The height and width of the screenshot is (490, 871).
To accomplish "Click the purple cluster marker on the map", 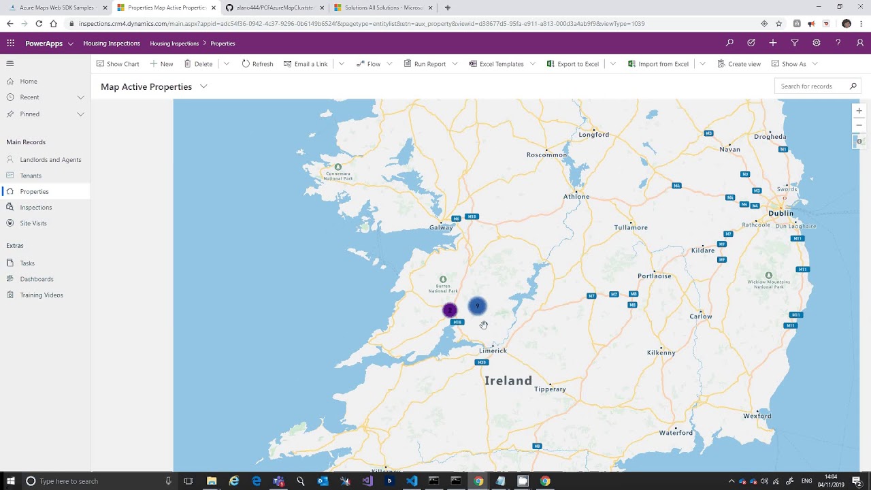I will [x=449, y=310].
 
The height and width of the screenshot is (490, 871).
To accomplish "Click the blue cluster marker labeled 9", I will [x=478, y=307].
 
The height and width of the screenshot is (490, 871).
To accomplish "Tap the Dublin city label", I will [x=780, y=213].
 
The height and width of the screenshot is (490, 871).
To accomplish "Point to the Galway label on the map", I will [x=441, y=227].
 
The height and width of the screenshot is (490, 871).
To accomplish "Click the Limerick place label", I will [x=493, y=350].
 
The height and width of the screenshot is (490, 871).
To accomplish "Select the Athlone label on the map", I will [x=576, y=197].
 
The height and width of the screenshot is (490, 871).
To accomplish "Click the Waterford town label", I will [x=676, y=433].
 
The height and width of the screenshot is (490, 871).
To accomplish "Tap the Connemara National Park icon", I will [x=338, y=167].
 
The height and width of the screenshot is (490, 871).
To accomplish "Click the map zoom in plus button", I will [x=859, y=111].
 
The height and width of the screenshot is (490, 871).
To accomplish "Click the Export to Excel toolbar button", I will [x=572, y=64].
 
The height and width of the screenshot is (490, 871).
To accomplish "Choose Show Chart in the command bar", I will [x=118, y=64].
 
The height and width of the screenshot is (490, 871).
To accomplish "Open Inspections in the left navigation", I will [x=35, y=208].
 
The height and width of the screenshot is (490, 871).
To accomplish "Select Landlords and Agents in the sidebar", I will [x=50, y=160].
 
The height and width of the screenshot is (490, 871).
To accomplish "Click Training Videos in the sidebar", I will [x=41, y=295].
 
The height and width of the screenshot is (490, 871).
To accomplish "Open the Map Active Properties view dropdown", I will [x=203, y=86].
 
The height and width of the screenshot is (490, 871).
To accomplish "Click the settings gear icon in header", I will [x=816, y=43].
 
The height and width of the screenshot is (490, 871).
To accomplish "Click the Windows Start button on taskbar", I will [x=11, y=481].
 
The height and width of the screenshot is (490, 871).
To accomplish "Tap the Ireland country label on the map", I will [x=508, y=381].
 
